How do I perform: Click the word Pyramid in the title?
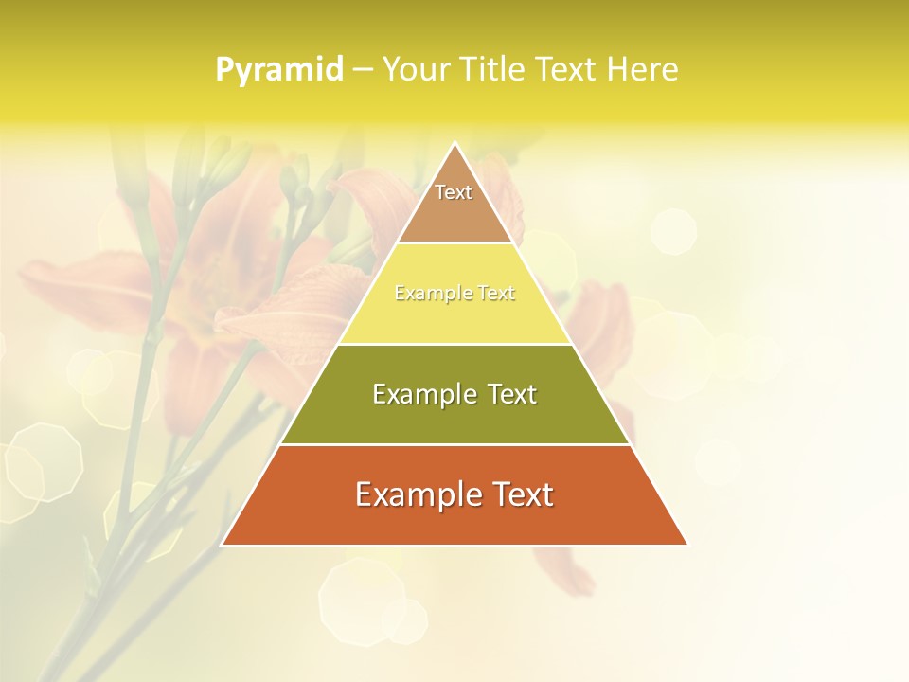[x=279, y=70]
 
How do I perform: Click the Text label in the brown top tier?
[x=454, y=192]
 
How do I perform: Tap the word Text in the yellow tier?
[x=496, y=294]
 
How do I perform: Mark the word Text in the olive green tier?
[x=512, y=394]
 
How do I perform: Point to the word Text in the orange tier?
[x=523, y=494]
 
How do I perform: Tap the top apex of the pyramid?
[x=454, y=144]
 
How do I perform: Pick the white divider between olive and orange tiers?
[x=454, y=444]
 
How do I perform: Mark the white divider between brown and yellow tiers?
[x=454, y=243]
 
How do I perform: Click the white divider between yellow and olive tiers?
[x=454, y=344]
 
